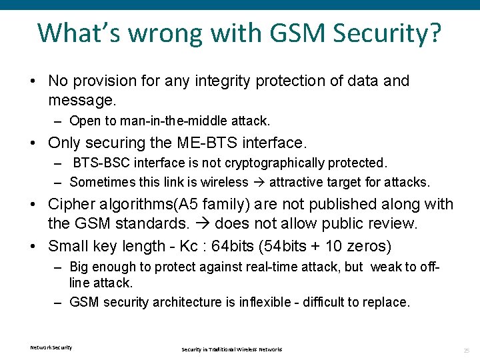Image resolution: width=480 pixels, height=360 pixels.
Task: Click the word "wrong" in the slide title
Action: [155, 33]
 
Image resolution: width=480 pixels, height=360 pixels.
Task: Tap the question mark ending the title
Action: [433, 33]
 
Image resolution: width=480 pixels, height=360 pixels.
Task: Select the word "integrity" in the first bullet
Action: [207, 81]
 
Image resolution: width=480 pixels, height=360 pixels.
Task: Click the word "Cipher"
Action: [71, 205]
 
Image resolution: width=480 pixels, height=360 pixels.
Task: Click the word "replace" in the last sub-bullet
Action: [385, 302]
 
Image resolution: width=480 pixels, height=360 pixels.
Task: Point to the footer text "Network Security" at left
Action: [51, 347]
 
